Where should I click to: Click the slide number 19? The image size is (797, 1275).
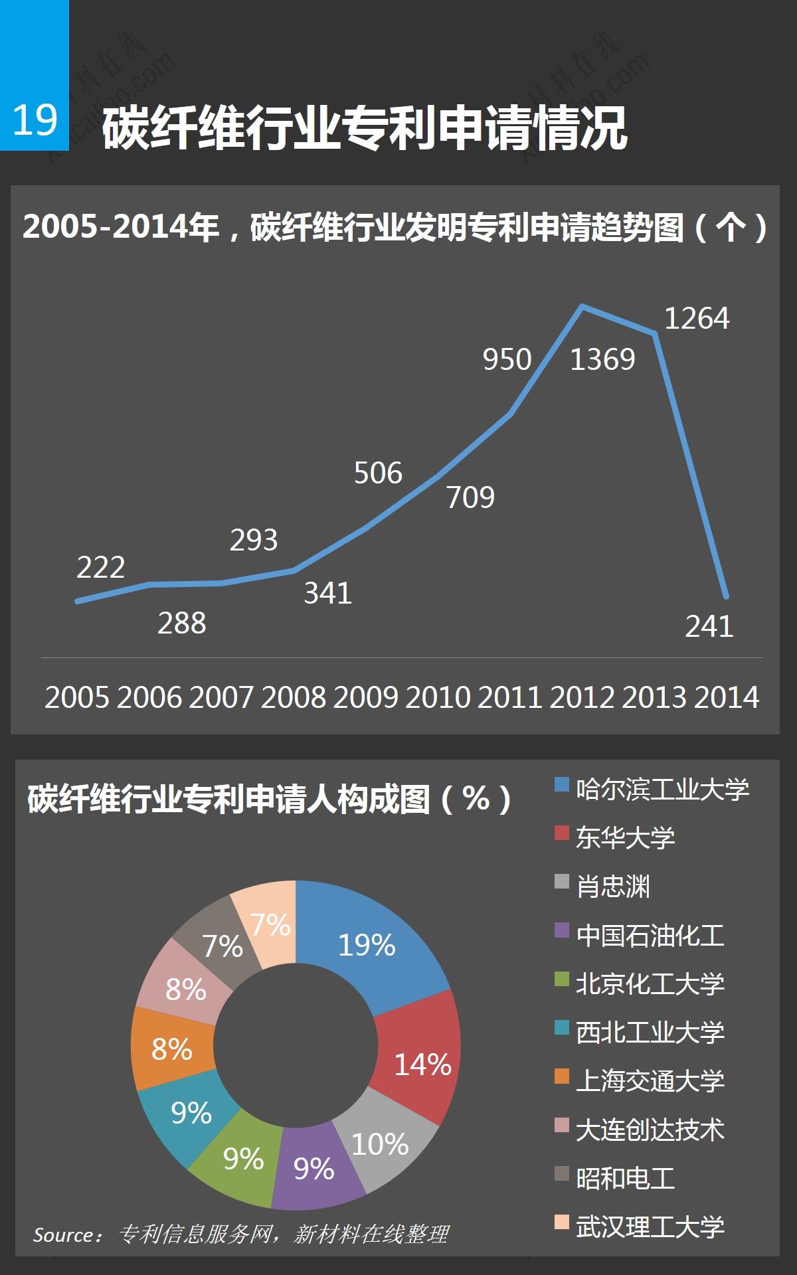[x=35, y=120]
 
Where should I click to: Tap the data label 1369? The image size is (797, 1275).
[x=602, y=359]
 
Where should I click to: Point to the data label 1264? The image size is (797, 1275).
[x=697, y=319]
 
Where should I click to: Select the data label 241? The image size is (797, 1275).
[x=709, y=626]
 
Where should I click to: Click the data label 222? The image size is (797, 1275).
[x=100, y=568]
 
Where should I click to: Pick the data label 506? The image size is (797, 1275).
[x=378, y=473]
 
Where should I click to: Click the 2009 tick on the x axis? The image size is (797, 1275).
[x=366, y=697]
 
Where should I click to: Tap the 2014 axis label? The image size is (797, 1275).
[x=727, y=697]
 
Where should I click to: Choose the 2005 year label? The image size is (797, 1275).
[x=77, y=697]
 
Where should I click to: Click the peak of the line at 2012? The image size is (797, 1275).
[x=582, y=307]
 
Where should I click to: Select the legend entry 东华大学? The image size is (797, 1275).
[x=625, y=837]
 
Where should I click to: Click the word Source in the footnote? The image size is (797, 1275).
[x=64, y=1235]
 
